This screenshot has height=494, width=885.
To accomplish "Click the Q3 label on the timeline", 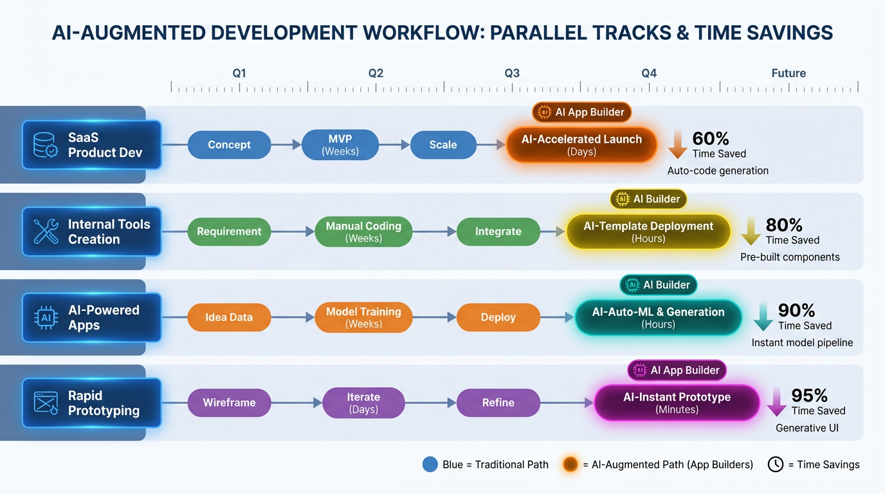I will pyautogui.click(x=512, y=73).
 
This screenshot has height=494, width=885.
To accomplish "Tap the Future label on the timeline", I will pyautogui.click(x=789, y=73).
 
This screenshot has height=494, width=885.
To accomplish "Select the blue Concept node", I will pyautogui.click(x=229, y=145).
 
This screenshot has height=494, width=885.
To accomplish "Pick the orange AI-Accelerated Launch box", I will pyautogui.click(x=582, y=145).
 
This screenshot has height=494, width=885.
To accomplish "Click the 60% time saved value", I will pyautogui.click(x=711, y=138).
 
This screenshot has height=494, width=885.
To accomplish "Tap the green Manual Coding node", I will pyautogui.click(x=363, y=232).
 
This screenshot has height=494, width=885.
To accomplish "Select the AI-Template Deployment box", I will pyautogui.click(x=648, y=232).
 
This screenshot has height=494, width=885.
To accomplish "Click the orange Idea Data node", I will pyautogui.click(x=229, y=317).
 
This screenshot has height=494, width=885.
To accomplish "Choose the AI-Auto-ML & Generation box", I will pyautogui.click(x=658, y=317).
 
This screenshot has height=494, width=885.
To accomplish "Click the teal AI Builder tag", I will pyautogui.click(x=658, y=285).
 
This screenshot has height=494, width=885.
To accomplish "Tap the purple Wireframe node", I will pyautogui.click(x=229, y=403).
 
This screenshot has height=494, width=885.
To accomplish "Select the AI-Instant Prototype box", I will pyautogui.click(x=677, y=403).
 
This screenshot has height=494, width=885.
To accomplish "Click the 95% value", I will pyautogui.click(x=809, y=395).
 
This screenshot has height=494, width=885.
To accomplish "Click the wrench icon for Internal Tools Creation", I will pyautogui.click(x=46, y=232).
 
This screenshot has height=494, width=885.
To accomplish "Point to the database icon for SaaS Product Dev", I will pyautogui.click(x=46, y=145).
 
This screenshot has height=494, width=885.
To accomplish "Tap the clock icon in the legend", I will pyautogui.click(x=776, y=464).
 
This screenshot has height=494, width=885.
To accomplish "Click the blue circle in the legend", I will pyautogui.click(x=430, y=464).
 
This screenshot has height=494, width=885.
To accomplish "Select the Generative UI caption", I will pyautogui.click(x=807, y=428).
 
